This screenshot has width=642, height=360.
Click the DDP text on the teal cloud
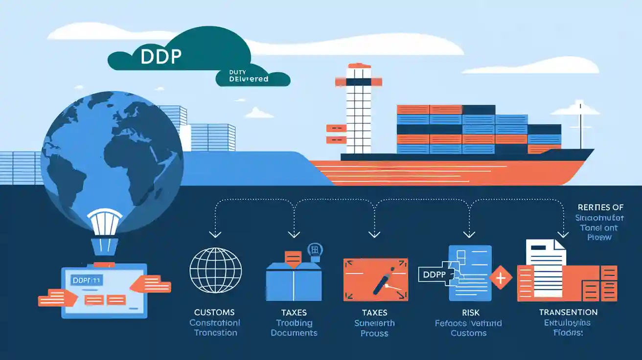coord(161,57)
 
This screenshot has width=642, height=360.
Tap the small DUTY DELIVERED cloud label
coord(249,76)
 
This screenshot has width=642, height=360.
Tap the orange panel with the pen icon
coord(376,279)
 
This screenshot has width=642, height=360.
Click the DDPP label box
coord(432,275)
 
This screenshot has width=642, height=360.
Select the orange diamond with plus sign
coord(501,278)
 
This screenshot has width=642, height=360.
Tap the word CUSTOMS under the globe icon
coord(214,312)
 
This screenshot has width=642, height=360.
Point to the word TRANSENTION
coord(568,312)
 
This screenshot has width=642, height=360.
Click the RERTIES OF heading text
coord(600,207)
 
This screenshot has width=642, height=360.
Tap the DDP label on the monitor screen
coord(85,280)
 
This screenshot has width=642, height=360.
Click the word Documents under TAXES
coord(294,333)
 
